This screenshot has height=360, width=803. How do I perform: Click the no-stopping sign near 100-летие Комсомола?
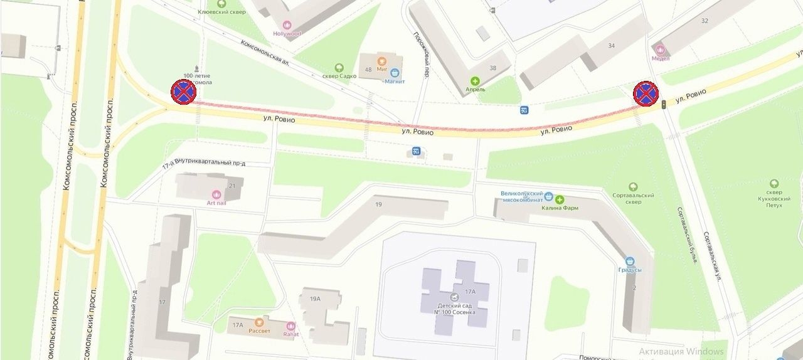click(x=183, y=92)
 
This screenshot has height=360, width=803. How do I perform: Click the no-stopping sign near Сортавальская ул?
click(x=645, y=93)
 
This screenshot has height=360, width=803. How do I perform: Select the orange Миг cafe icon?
click(x=381, y=61)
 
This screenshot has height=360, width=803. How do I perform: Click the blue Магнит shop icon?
click(x=395, y=73)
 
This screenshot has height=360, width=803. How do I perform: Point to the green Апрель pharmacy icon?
click(x=475, y=81)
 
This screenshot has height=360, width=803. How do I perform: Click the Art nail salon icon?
click(x=216, y=194)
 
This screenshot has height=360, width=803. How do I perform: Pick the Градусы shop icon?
click(x=630, y=261)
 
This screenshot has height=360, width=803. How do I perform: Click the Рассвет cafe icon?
click(x=258, y=322)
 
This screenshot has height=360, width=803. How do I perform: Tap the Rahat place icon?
click(x=290, y=326)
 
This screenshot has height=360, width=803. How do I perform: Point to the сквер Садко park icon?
click(x=339, y=67)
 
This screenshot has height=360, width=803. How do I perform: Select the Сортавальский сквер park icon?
click(x=633, y=187)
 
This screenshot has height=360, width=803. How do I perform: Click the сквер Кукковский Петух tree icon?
click(x=774, y=184)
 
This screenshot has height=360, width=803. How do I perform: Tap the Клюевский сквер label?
click(x=221, y=12)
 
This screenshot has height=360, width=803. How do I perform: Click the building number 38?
click(x=492, y=68)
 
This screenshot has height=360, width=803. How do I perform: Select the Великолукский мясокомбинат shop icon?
click(x=549, y=196)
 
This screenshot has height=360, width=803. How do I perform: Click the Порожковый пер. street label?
click(x=420, y=55)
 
